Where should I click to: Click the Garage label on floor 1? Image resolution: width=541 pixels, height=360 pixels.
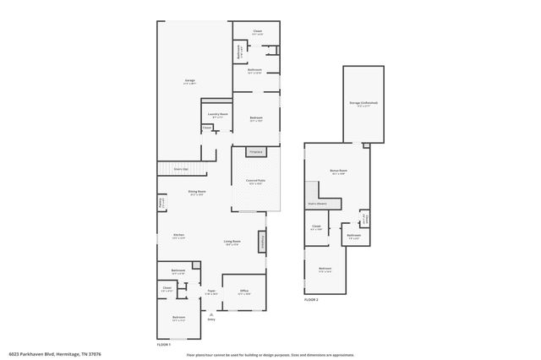coord(190,81)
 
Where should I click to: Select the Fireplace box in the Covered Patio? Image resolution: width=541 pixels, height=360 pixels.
coord(255,152)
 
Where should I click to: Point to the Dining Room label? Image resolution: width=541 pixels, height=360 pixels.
coord(197,193)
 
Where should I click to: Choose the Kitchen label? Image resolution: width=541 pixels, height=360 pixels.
coord(179,236)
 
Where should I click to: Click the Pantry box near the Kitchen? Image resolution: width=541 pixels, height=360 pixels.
coord(161,204)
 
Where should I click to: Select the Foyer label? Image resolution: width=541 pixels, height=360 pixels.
coord(211,292)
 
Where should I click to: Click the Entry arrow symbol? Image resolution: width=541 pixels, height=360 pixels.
coord(211,313)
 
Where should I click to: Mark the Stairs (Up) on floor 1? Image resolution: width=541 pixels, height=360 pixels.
coord(181,169)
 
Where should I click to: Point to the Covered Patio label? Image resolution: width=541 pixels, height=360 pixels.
coord(256,182)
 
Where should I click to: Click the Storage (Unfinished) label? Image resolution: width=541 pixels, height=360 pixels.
coord(363,104)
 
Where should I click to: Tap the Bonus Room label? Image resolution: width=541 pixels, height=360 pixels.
coord(338,172)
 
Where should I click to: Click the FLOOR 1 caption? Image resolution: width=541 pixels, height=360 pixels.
coord(164,345)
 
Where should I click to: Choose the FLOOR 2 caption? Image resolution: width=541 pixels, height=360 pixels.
coord(312,300)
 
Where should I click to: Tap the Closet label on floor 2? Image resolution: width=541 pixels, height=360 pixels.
coord(316,226)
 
